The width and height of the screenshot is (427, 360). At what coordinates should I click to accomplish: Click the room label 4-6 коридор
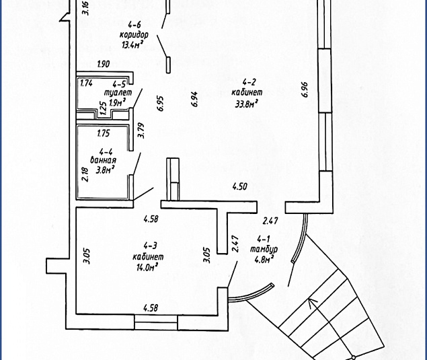134,30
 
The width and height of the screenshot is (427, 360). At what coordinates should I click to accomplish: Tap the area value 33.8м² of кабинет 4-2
247,104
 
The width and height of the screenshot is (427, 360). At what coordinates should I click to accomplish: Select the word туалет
118,93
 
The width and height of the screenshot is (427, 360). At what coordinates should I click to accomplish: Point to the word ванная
103,160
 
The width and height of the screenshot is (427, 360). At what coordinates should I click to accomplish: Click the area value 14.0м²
147,268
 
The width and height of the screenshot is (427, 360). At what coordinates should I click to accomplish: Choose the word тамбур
264,250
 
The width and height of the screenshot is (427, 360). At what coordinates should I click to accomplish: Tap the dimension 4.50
239,186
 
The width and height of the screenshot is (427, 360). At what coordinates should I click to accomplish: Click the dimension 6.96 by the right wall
305,89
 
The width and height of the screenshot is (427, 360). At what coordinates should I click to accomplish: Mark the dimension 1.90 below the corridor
104,64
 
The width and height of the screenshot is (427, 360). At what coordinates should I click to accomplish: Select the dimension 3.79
141,131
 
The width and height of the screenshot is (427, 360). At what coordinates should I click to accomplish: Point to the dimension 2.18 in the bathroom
85,174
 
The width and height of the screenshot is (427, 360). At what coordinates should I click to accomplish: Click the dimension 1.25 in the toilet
103,109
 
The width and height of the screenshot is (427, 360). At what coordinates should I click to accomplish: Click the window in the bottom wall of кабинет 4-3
156,322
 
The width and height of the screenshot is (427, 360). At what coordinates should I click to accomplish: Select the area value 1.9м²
118,103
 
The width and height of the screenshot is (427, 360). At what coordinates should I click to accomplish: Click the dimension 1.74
87,83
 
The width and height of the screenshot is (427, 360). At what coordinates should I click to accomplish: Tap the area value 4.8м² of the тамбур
264,260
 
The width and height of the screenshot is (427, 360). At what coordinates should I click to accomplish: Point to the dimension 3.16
86,8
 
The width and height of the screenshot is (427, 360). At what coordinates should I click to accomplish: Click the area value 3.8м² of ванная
105,170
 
